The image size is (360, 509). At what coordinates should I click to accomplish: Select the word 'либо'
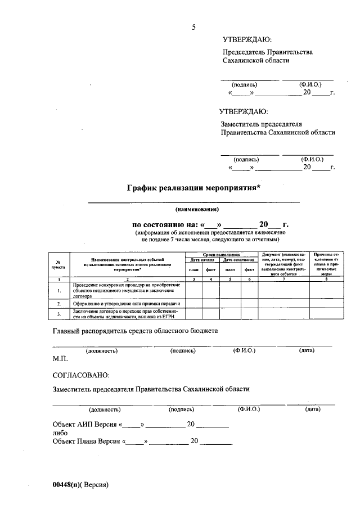pos(60,433)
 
